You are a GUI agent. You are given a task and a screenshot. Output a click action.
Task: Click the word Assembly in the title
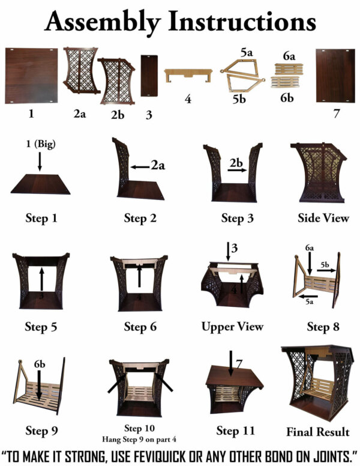pyautogui.click(x=103, y=22)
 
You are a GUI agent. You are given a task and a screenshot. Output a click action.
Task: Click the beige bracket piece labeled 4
pyautogui.click(x=188, y=76)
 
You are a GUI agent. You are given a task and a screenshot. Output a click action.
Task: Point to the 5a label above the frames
pyautogui.click(x=245, y=53)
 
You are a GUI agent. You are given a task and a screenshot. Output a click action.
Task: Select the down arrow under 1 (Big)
pyautogui.click(x=40, y=161)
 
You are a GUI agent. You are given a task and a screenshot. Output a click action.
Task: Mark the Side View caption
pyautogui.click(x=323, y=217)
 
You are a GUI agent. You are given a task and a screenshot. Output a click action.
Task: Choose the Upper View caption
pyautogui.click(x=232, y=327)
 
